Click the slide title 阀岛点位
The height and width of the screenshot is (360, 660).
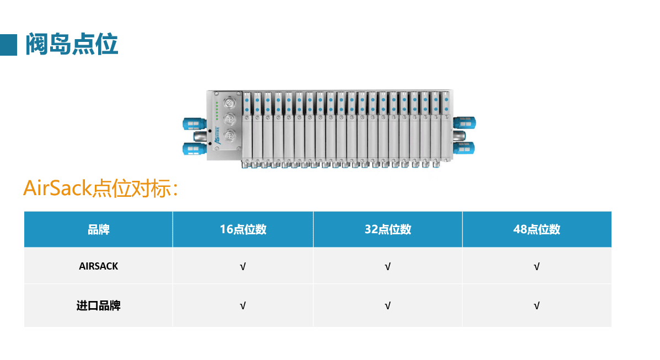pyautogui.click(x=72, y=44)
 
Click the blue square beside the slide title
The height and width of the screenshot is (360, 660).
pyautogui.click(x=9, y=44)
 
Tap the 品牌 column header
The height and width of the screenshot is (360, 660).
pyautogui.click(x=99, y=229)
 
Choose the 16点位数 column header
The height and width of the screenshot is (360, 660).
pyautogui.click(x=243, y=229)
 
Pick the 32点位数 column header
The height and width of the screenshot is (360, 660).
pyautogui.click(x=388, y=229)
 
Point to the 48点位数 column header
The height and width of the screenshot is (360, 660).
pyautogui.click(x=536, y=229)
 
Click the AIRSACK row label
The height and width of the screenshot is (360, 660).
pyautogui.click(x=99, y=266)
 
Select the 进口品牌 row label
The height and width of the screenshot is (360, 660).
pyautogui.click(x=99, y=305)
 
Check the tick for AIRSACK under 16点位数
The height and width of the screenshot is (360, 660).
pyautogui.click(x=243, y=267)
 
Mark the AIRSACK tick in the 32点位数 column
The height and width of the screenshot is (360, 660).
pyautogui.click(x=388, y=267)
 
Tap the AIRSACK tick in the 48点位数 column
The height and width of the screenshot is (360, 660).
pyautogui.click(x=536, y=267)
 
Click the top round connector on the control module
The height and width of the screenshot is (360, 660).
pyautogui.click(x=232, y=104)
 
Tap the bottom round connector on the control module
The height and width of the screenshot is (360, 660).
pyautogui.click(x=232, y=136)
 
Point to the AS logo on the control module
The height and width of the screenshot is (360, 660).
pyautogui.click(x=217, y=140)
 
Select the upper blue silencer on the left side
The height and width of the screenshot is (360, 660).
pyautogui.click(x=192, y=122)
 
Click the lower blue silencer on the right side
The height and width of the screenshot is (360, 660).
pyautogui.click(x=464, y=148)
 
